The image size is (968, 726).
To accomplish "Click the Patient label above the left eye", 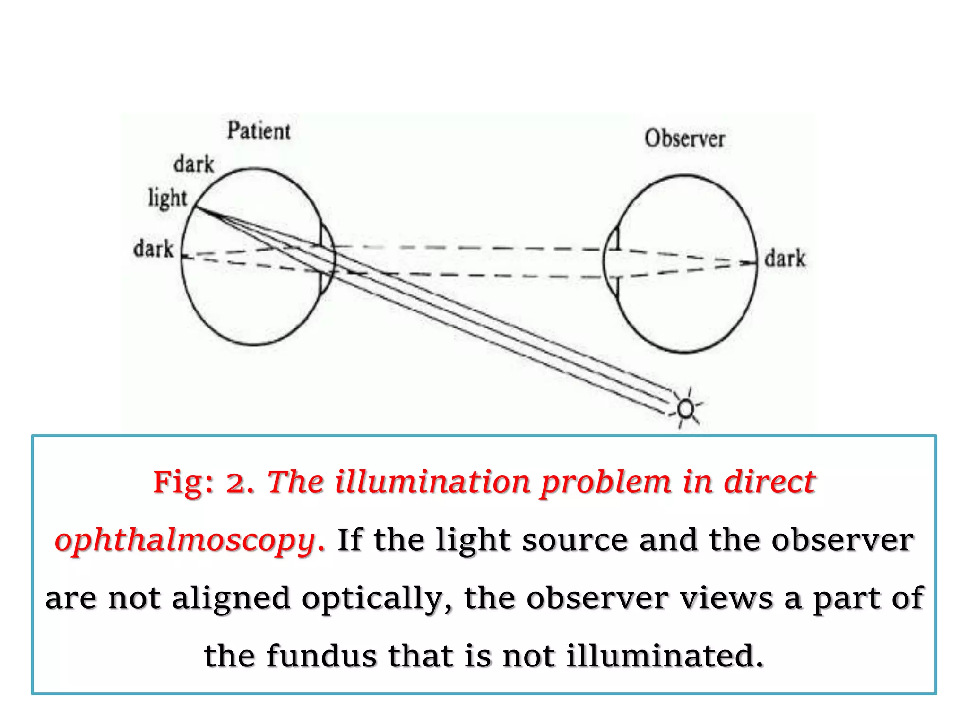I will click(x=259, y=131).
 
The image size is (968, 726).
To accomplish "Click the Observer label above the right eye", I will click(x=684, y=139).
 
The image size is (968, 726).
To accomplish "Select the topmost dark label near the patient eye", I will click(x=194, y=164).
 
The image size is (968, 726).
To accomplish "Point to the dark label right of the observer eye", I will click(x=785, y=259).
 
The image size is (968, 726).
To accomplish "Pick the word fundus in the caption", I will click(x=321, y=656).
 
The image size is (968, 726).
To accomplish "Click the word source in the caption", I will click(x=575, y=540).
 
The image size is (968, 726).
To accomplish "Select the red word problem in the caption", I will click(x=606, y=483).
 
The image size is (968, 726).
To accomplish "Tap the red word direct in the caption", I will click(x=769, y=483).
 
